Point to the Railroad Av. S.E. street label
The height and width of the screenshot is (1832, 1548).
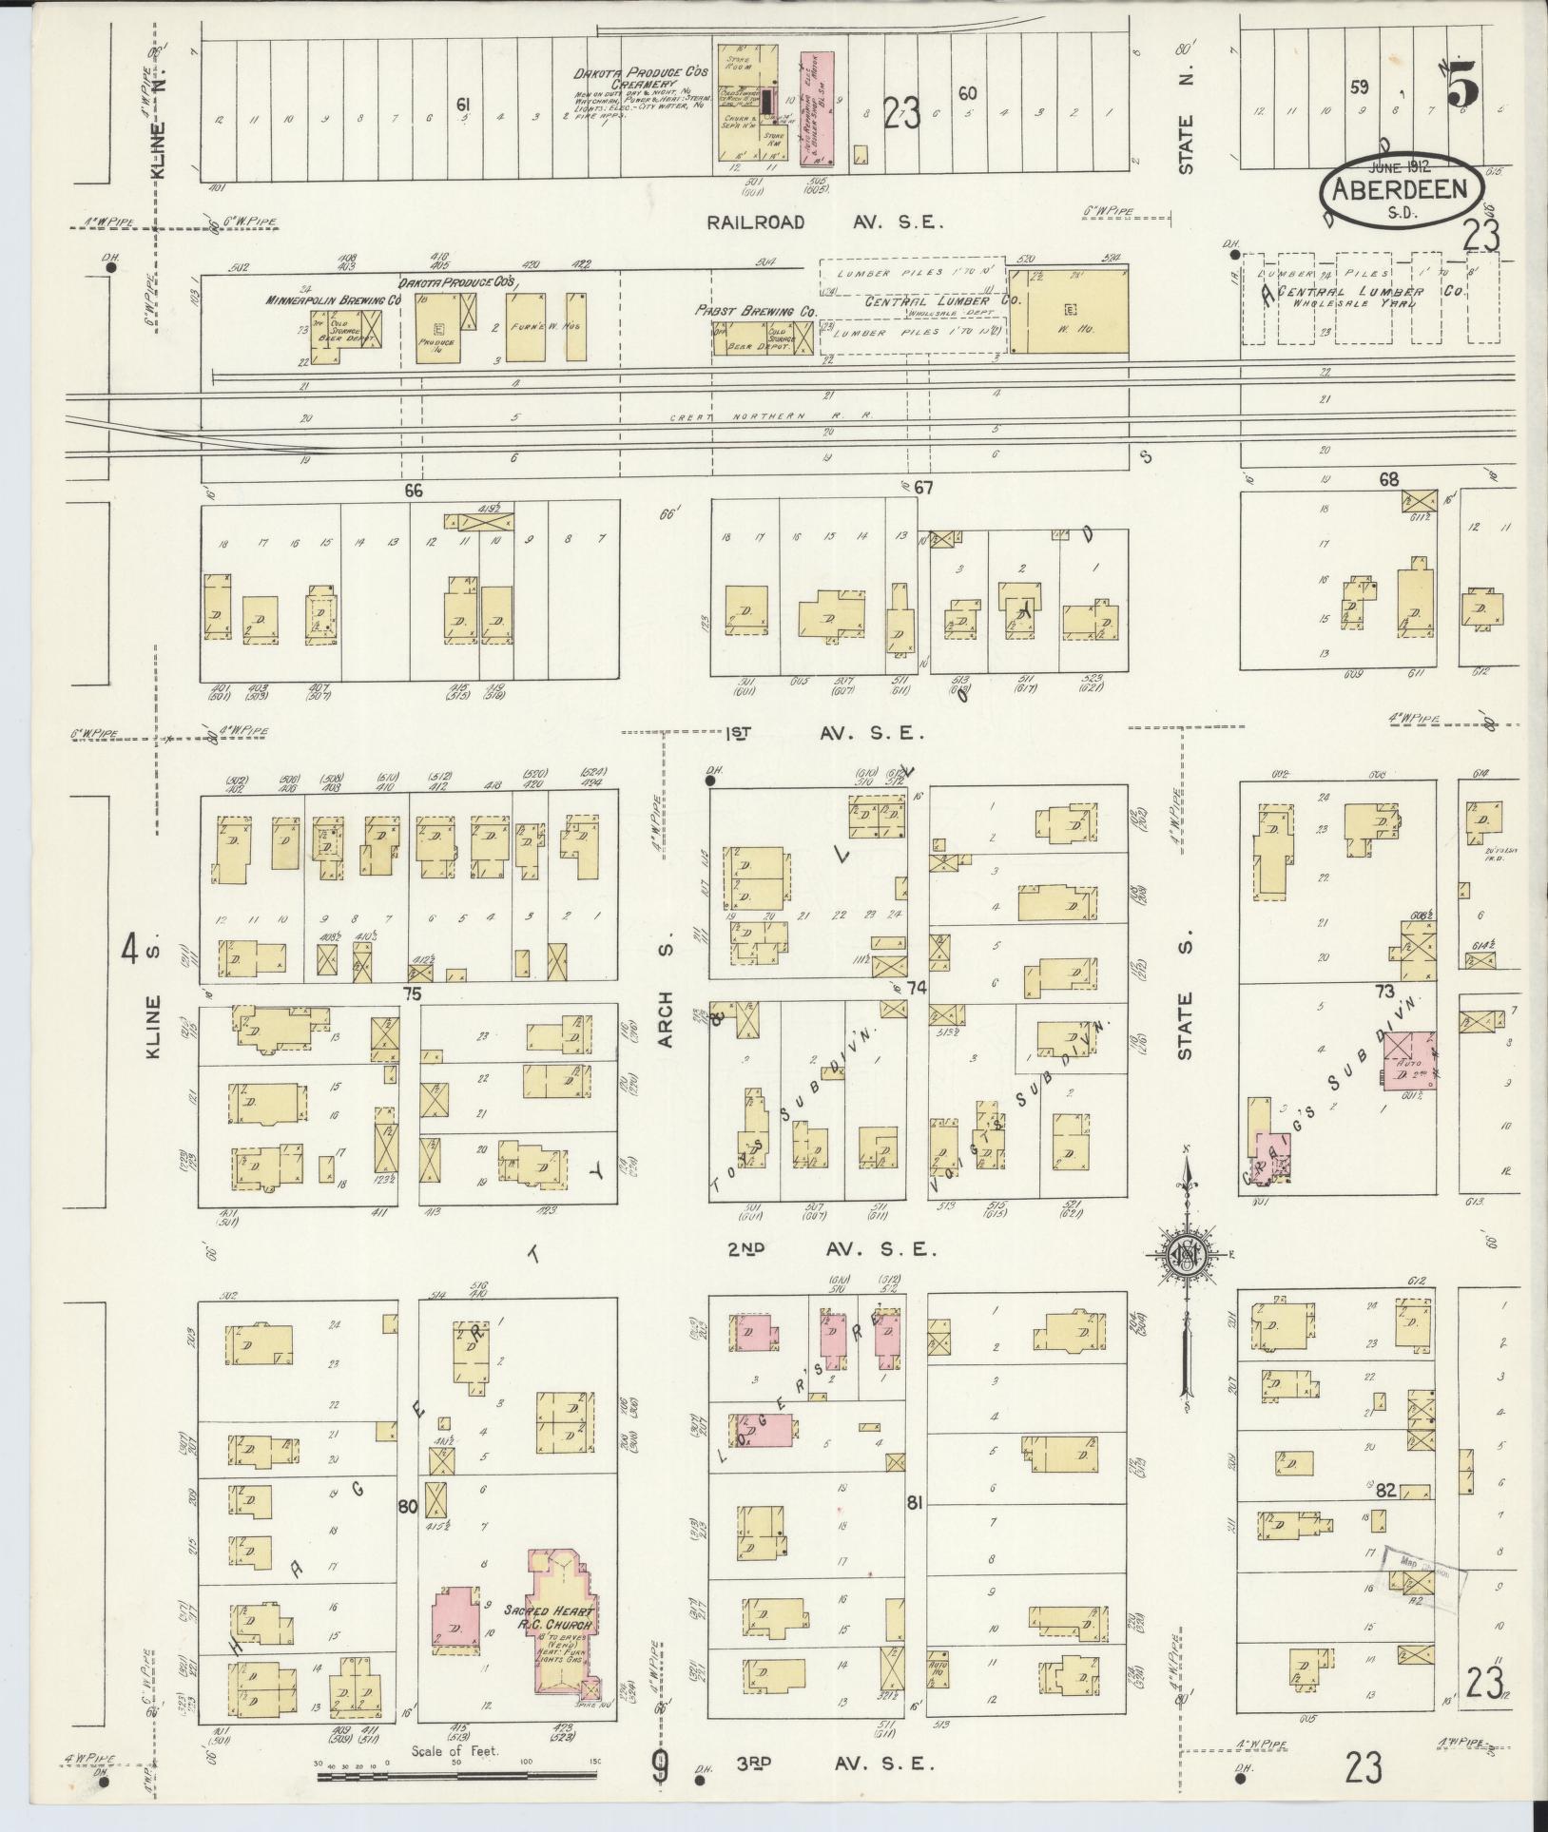(823, 222)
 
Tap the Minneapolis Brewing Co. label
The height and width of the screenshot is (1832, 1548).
(332, 299)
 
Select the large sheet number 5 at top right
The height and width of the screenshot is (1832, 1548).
(1462, 90)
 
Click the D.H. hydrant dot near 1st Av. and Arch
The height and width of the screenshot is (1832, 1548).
(709, 781)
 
